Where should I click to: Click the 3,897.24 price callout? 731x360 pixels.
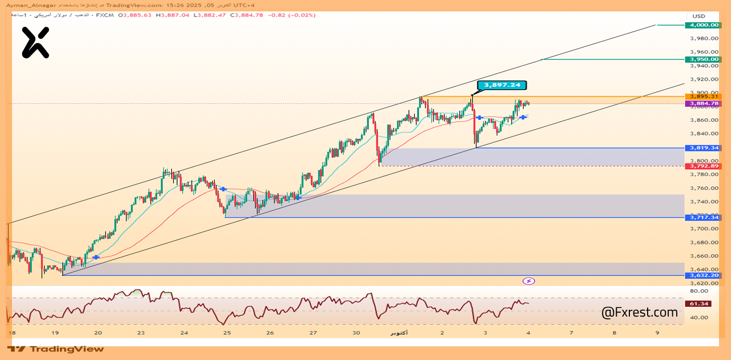tap(502, 85)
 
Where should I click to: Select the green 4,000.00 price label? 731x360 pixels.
tap(704, 25)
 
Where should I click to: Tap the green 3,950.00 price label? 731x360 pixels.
tap(704, 59)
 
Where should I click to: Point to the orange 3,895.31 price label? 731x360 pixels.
tap(704, 97)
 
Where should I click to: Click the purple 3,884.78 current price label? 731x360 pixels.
tap(704, 103)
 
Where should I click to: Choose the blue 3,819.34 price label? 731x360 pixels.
tap(704, 148)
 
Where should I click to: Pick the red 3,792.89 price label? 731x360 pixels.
tap(704, 166)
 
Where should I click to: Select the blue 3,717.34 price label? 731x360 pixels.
tap(704, 218)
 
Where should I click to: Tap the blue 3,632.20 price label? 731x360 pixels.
tap(704, 275)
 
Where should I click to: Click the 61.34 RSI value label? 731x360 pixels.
tap(700, 303)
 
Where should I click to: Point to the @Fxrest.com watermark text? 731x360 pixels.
tap(640, 313)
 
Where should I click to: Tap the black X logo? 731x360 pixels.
tap(35, 43)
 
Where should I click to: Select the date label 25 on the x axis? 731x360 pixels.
tap(227, 333)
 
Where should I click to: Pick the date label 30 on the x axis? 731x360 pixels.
tap(356, 333)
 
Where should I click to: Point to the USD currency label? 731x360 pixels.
tap(699, 16)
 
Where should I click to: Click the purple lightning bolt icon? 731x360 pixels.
tap(529, 281)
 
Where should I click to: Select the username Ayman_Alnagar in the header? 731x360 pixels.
tap(29, 5)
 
